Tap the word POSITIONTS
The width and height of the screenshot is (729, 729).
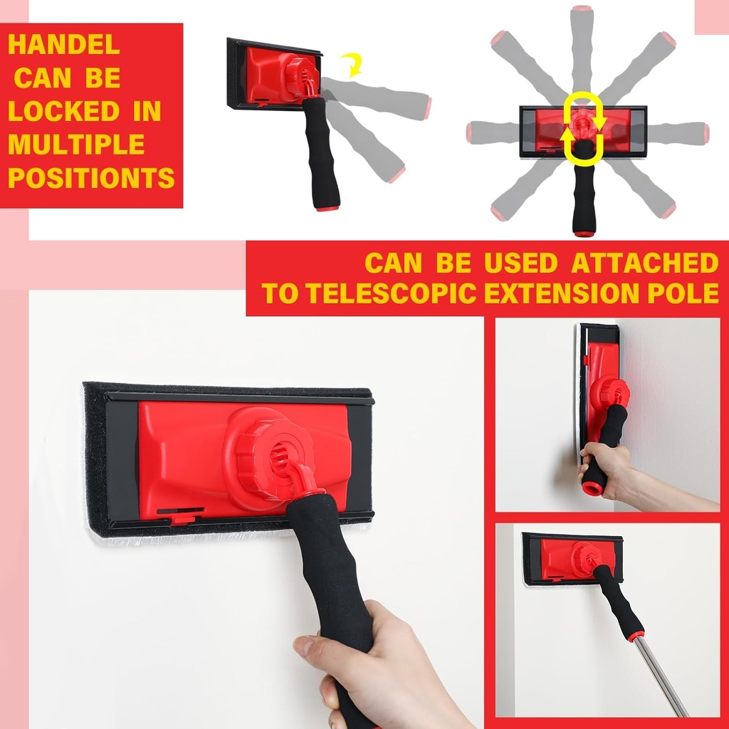[x=91, y=178]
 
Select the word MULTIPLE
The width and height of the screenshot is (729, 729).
[x=76, y=145]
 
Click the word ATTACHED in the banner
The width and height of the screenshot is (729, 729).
[x=645, y=263]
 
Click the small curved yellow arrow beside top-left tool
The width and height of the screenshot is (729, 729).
[x=351, y=65]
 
